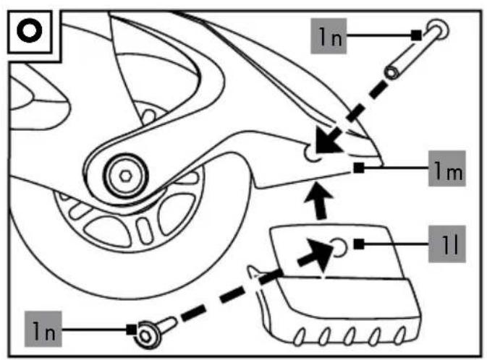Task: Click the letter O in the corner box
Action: pos(29,31)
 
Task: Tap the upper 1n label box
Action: pos(329,36)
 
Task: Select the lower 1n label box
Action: pos(43,329)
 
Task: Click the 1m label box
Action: pos(447,168)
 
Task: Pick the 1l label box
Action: pos(447,244)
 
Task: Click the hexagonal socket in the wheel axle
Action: pos(125,176)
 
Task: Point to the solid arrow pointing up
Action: pos(318,201)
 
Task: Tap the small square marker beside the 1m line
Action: pos(359,168)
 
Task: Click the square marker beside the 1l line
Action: pos(359,244)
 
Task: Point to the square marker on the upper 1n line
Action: pos(416,35)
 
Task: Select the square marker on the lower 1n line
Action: pos(132,330)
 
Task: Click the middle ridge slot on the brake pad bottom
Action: pos(350,337)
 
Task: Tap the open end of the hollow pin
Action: pos(391,72)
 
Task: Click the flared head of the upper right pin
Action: pos(439,30)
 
